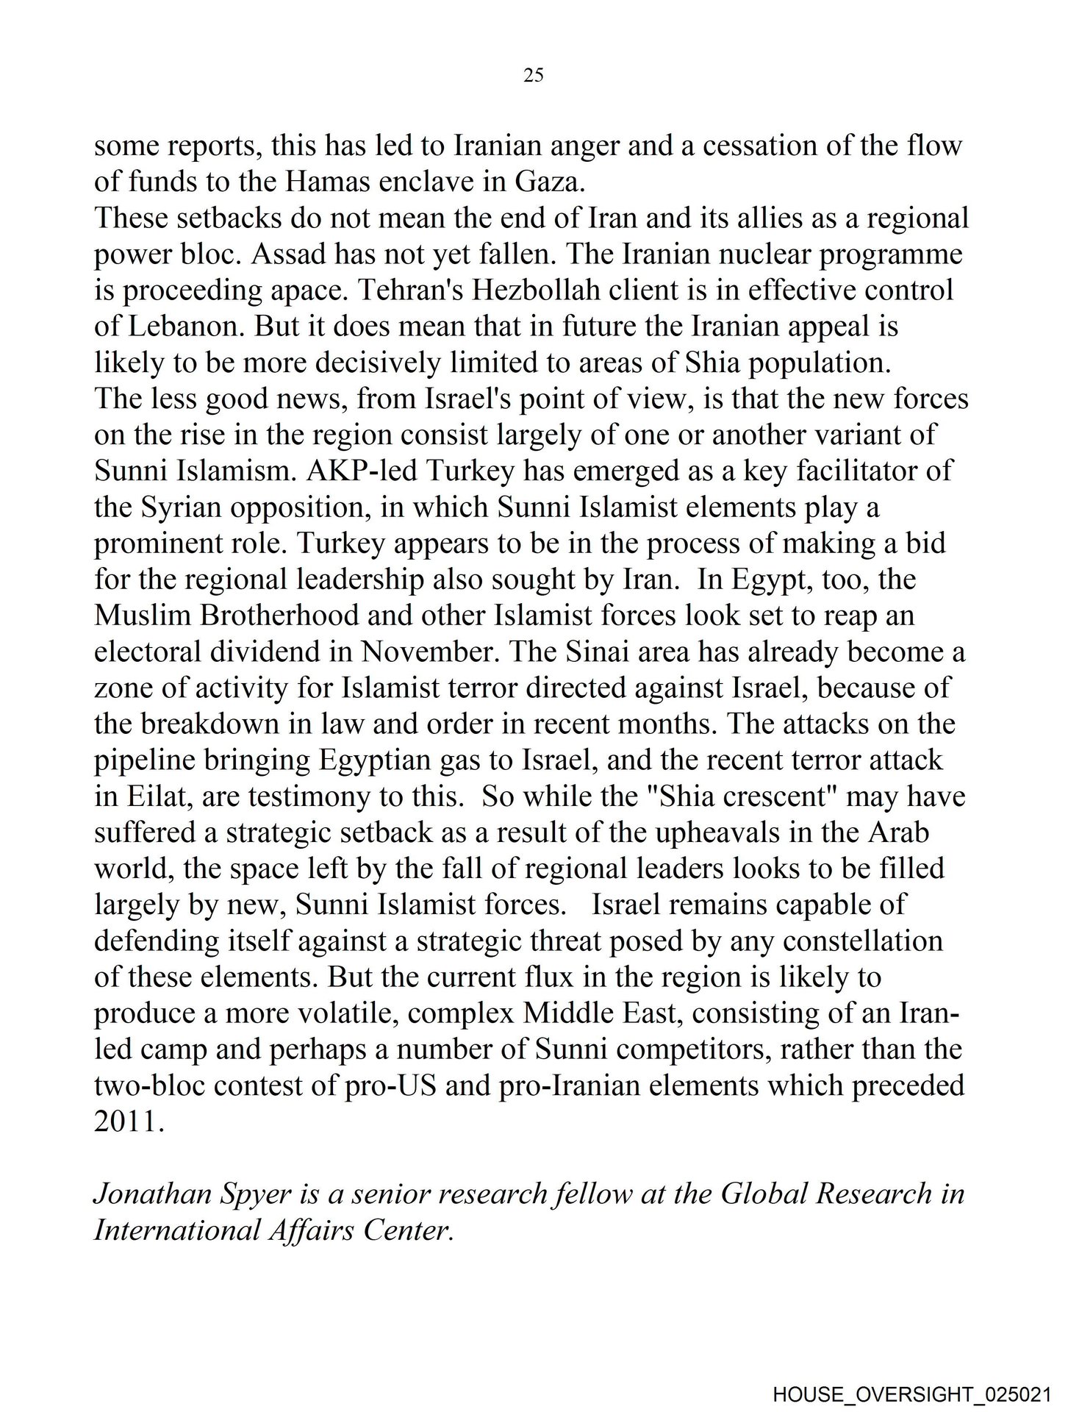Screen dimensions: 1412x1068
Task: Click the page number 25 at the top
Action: click(534, 75)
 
